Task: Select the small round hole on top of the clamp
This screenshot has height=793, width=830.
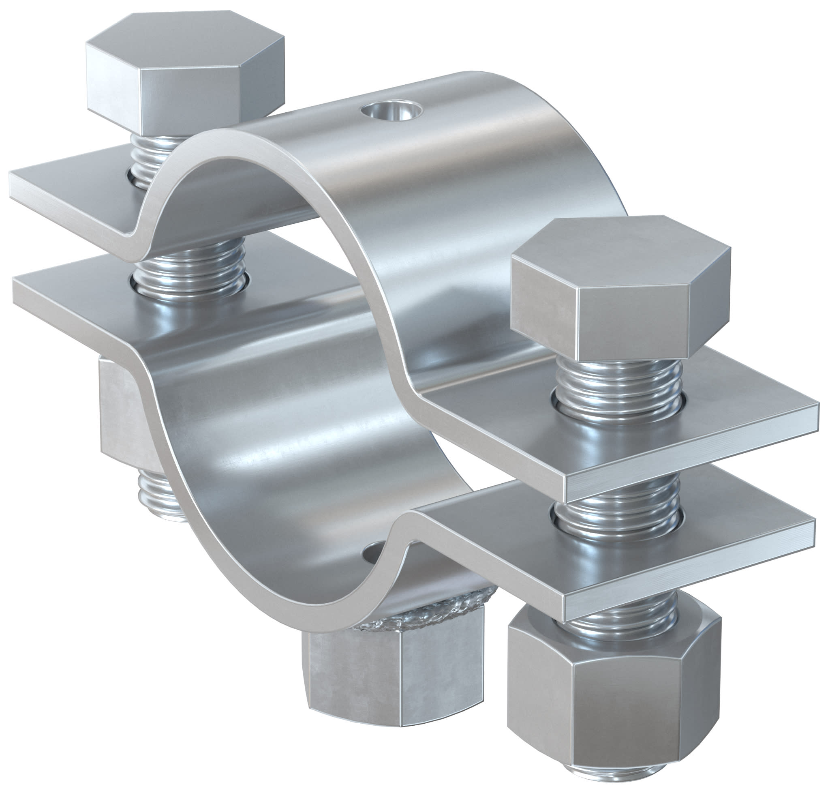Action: [x=391, y=111]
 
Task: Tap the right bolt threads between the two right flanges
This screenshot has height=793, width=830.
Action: [x=617, y=507]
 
